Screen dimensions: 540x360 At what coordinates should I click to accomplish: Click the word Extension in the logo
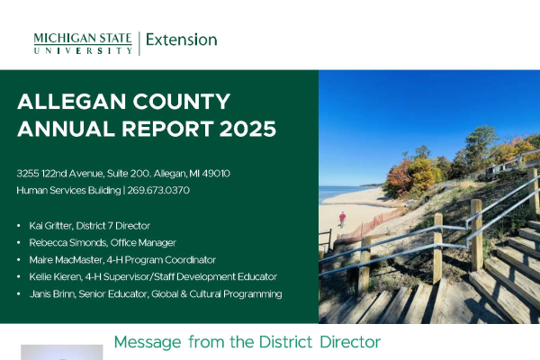(182, 40)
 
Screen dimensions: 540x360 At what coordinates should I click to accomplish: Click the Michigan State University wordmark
(83, 43)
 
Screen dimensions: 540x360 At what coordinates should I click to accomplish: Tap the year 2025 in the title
(247, 129)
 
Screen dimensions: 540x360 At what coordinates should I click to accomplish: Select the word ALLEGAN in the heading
(72, 102)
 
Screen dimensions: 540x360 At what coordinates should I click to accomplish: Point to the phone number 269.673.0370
(158, 190)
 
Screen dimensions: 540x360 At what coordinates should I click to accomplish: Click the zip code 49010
(216, 174)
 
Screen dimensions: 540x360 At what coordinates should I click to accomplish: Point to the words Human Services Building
(68, 190)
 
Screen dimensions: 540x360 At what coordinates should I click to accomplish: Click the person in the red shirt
(342, 220)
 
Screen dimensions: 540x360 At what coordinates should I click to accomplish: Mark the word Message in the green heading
(148, 342)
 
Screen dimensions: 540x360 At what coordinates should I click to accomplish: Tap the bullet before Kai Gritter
(19, 226)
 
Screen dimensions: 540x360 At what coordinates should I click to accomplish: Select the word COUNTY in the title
(182, 102)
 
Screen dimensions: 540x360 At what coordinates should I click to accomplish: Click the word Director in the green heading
(350, 342)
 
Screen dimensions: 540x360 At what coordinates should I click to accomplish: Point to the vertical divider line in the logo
(139, 43)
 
